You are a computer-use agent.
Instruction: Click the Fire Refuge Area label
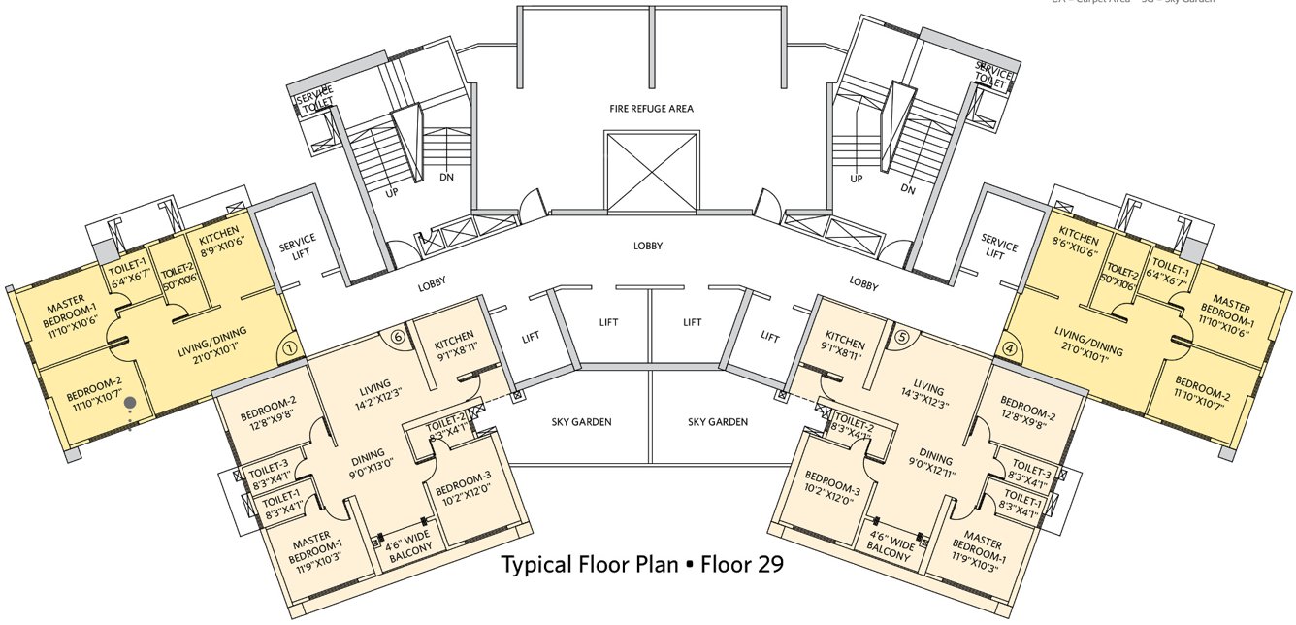tap(651, 109)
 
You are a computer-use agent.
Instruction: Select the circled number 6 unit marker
tap(397, 336)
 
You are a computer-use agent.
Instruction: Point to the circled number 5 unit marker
tap(901, 337)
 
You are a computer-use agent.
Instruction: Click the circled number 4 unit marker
tap(1010, 345)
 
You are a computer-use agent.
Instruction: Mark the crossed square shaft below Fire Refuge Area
tap(652, 171)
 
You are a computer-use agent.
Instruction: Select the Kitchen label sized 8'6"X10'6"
tap(1078, 246)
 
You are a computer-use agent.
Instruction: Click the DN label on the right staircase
tap(908, 190)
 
